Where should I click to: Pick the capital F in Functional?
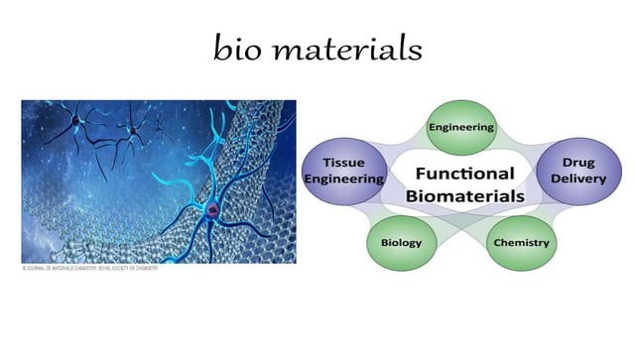coord(420,175)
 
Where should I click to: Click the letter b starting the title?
coord(221,48)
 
